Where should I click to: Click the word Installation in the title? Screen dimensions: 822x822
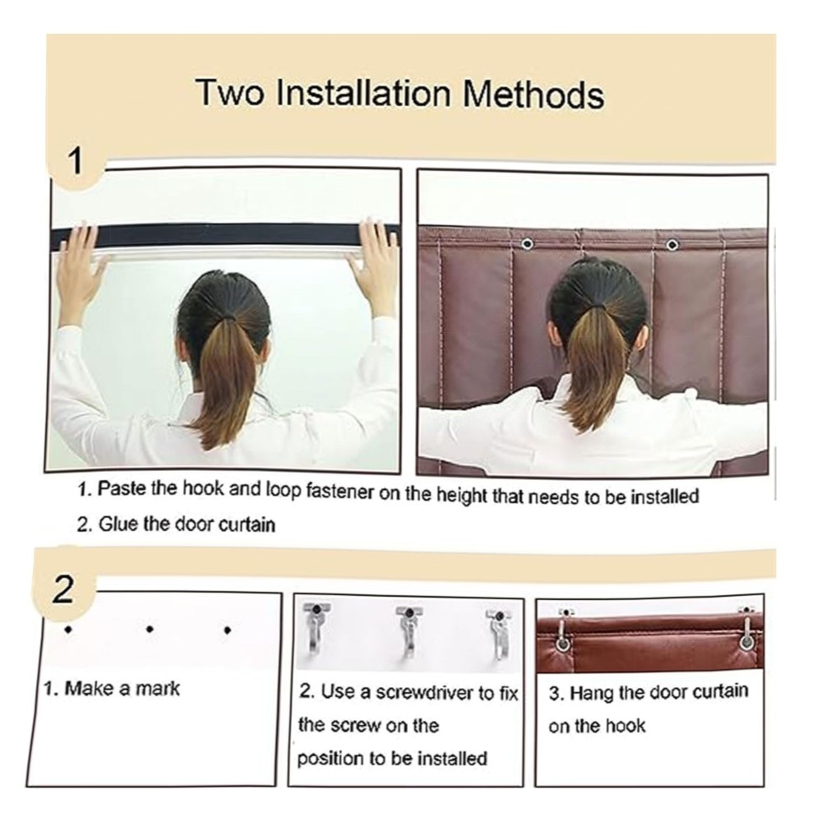(363, 94)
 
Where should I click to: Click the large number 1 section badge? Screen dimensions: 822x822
(76, 161)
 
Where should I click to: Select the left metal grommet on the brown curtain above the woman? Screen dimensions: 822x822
(527, 244)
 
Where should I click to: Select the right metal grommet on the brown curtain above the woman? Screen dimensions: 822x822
(672, 244)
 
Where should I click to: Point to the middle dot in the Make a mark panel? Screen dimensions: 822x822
(150, 629)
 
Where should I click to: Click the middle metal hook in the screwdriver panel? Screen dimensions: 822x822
(409, 630)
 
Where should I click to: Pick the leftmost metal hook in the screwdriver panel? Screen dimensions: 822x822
(316, 628)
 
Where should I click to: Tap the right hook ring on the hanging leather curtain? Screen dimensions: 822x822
(745, 640)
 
